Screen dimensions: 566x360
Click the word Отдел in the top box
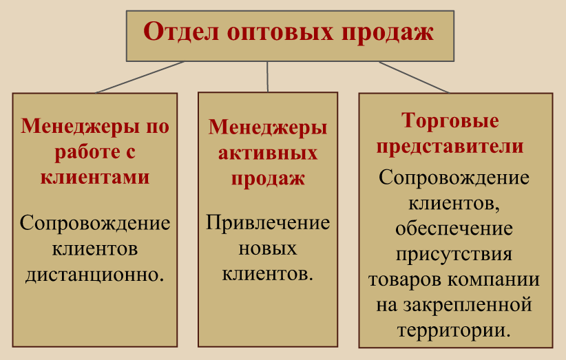181,32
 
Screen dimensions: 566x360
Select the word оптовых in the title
280,34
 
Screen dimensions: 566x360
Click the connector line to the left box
140,77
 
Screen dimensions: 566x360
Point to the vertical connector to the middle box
267,76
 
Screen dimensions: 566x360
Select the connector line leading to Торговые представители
414,77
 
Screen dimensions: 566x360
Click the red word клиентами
95,177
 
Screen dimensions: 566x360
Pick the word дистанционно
94,275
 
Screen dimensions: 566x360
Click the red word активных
268,153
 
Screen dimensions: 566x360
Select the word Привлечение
268,223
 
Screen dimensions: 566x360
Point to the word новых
268,248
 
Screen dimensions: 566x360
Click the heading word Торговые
450,121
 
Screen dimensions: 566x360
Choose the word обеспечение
454,229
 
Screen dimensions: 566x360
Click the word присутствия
454,254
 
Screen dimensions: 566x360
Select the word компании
494,279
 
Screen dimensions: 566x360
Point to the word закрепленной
468,305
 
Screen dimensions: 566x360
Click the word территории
454,331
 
